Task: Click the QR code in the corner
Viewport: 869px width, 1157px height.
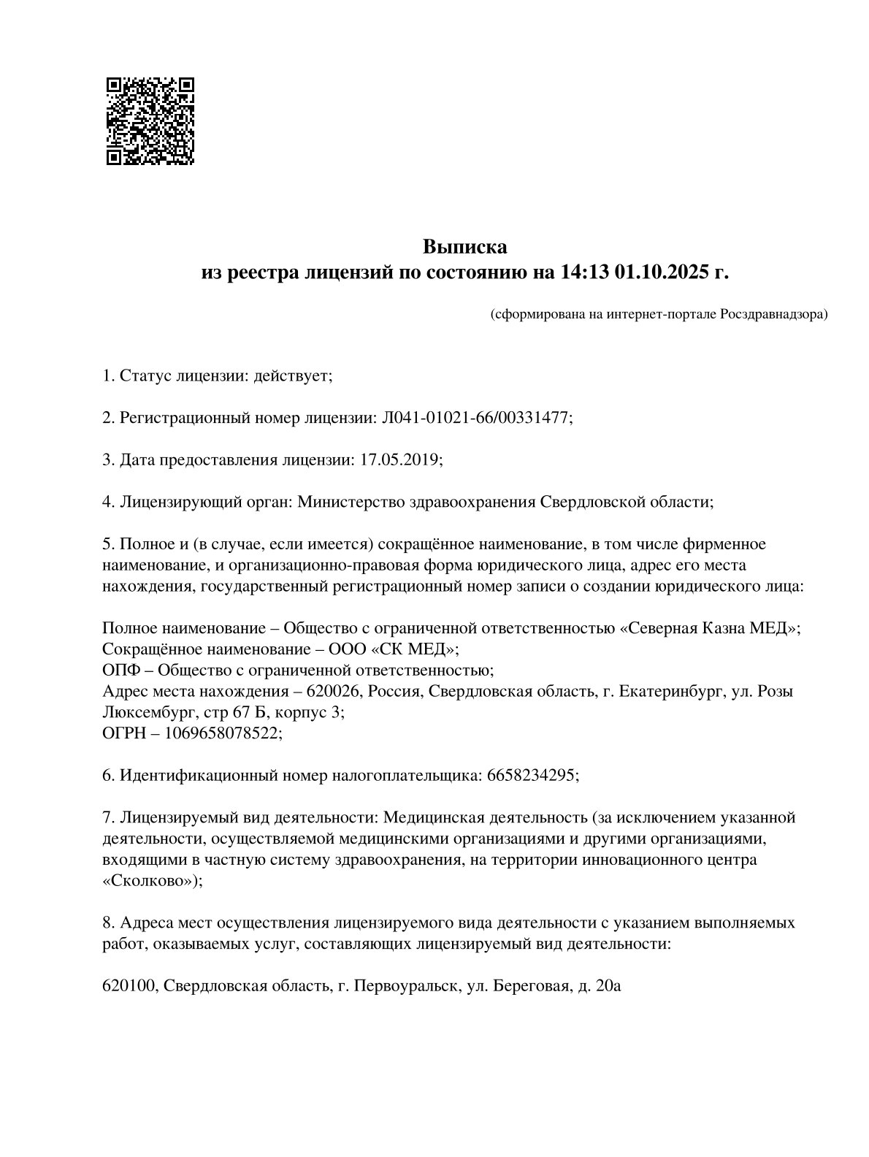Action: click(x=151, y=121)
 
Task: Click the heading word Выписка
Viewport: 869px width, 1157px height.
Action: click(x=464, y=246)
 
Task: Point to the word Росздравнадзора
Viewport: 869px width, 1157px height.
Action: click(x=773, y=315)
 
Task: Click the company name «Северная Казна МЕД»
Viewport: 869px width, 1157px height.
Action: click(x=708, y=627)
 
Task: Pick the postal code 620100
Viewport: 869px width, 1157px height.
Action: click(x=129, y=986)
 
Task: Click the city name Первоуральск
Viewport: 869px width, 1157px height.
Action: click(x=405, y=986)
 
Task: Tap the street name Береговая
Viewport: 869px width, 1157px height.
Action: click(x=531, y=986)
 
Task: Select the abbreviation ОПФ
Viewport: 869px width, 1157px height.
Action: click(x=118, y=669)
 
